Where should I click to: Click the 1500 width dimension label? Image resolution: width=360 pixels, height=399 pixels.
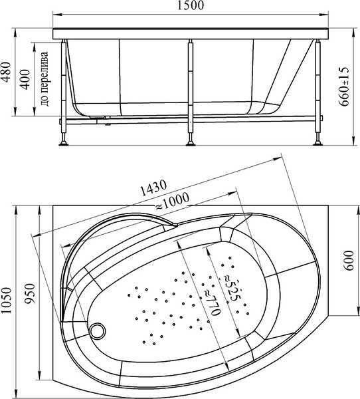(x=191, y=5)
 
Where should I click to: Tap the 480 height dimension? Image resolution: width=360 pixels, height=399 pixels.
(x=7, y=72)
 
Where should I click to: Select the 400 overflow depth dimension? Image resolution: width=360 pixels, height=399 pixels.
(x=25, y=79)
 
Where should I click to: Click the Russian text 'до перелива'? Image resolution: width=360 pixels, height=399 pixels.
(x=45, y=79)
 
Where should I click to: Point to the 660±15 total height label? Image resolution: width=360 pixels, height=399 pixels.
(x=344, y=87)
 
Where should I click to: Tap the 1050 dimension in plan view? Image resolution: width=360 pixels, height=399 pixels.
(x=7, y=301)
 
